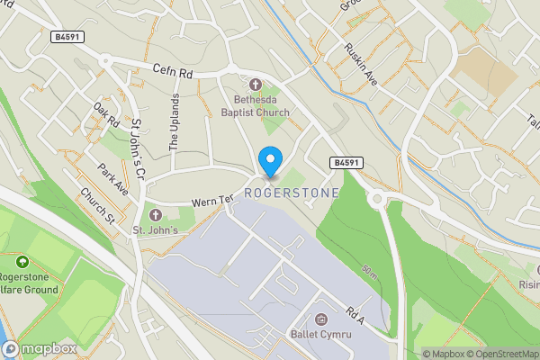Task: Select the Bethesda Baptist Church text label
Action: [x=256, y=105]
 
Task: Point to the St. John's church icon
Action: [x=155, y=215]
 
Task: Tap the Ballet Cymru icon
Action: [x=321, y=319]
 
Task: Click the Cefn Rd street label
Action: [x=173, y=69]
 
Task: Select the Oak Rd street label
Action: [x=106, y=115]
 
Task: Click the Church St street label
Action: [x=96, y=206]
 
